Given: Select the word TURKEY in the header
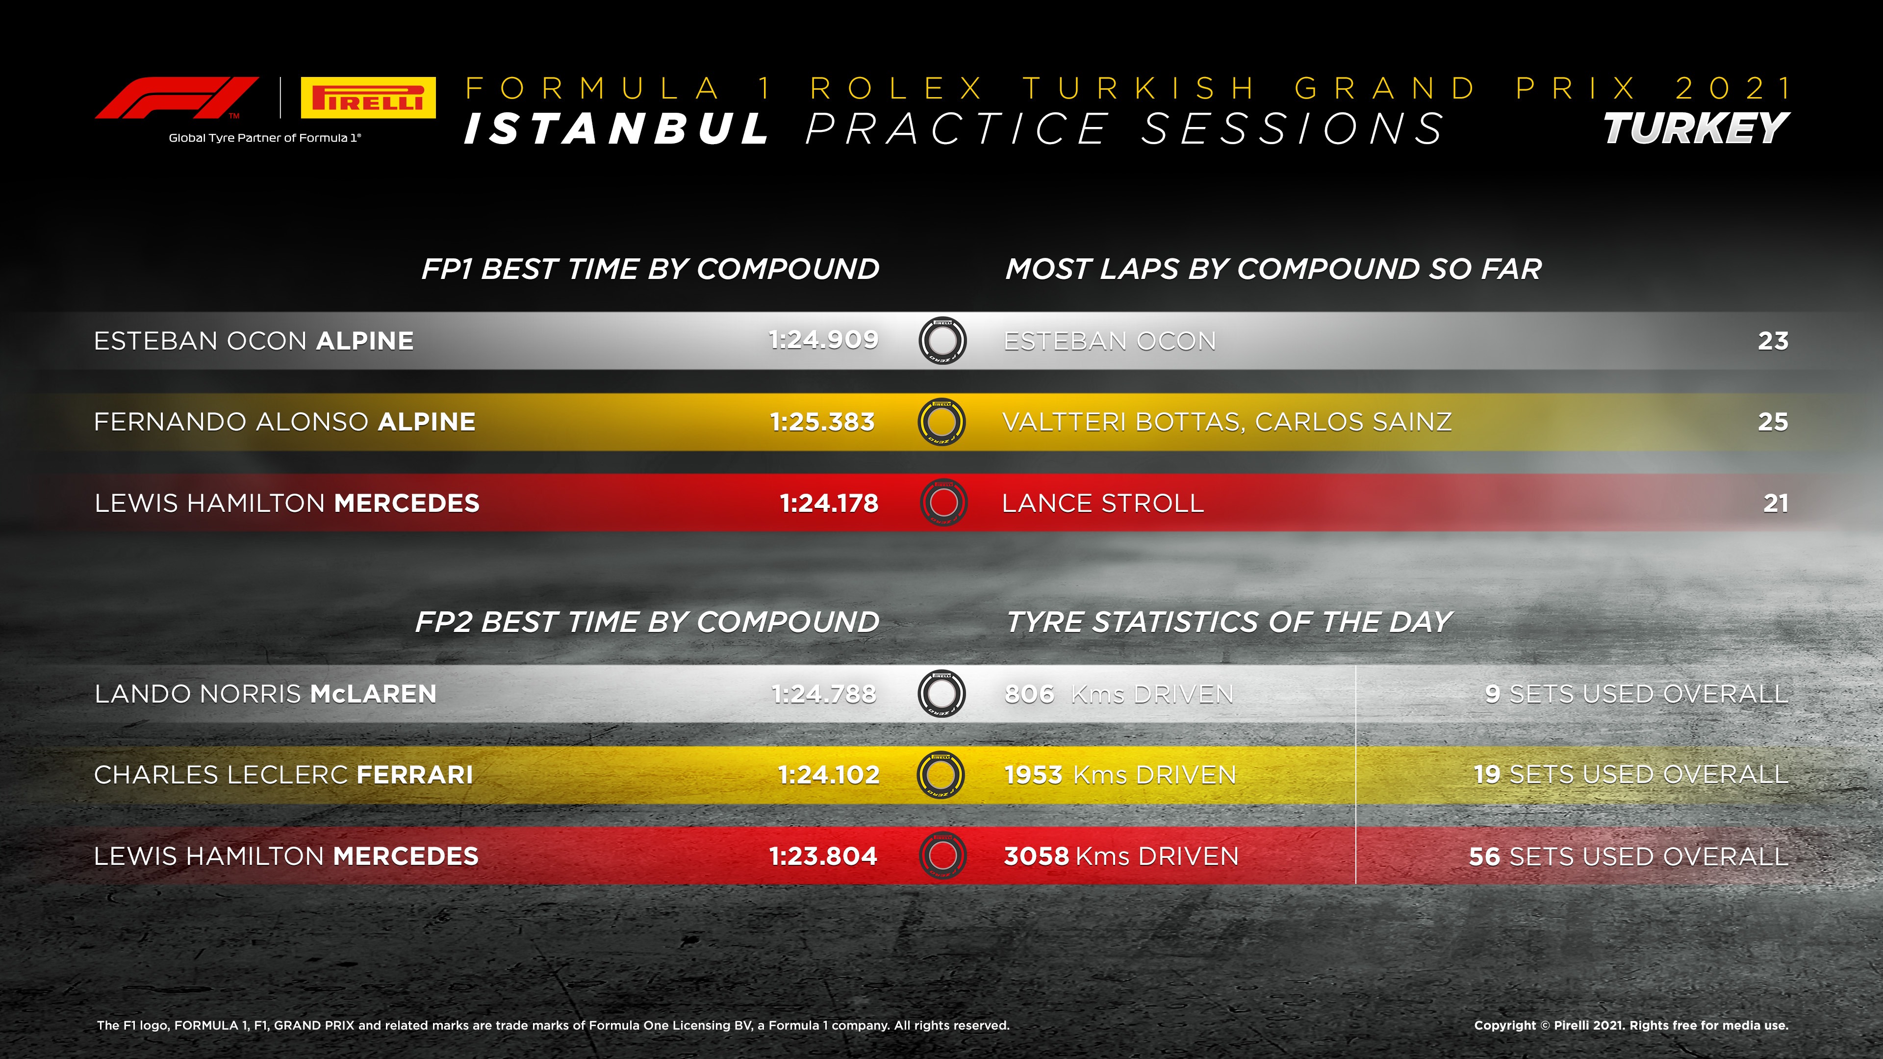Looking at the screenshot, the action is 1696,129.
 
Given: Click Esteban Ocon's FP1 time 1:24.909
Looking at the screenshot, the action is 823,340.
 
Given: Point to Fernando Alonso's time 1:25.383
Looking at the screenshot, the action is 822,422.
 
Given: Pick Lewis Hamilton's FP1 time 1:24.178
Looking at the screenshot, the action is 829,503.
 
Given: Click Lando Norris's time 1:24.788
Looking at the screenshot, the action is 824,694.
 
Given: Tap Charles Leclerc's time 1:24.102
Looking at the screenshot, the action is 828,775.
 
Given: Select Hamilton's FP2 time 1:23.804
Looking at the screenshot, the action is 823,856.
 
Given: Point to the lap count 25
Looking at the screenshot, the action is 1773,422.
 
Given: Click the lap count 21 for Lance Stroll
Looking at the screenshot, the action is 1776,503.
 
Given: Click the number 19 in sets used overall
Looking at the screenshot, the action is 1487,775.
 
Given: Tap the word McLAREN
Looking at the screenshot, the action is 373,694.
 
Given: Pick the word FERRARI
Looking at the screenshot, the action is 414,775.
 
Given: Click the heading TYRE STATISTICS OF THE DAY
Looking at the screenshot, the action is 1229,622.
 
